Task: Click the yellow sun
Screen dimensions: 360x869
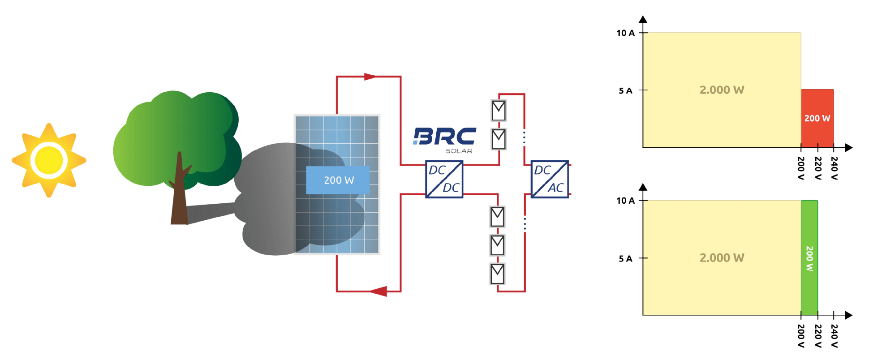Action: click(49, 160)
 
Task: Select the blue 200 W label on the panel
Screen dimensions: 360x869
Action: click(338, 180)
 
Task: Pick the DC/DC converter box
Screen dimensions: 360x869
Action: click(444, 179)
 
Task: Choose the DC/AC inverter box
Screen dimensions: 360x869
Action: click(550, 179)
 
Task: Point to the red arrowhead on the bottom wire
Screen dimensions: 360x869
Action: click(379, 291)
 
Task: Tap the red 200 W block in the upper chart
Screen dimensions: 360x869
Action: click(817, 118)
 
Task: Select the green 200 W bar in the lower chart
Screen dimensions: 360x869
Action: click(809, 258)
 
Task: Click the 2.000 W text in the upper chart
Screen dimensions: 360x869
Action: click(722, 90)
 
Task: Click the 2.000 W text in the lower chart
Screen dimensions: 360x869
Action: click(722, 258)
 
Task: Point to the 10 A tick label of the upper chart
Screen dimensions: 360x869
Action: click(625, 33)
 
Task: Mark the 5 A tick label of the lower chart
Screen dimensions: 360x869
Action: click(625, 259)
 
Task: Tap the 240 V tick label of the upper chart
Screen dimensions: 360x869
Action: click(834, 168)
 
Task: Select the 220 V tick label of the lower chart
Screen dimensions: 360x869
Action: click(817, 336)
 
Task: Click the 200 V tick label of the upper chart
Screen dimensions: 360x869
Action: click(801, 168)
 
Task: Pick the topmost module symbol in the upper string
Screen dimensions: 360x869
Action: click(499, 110)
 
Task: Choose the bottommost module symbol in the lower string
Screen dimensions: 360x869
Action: click(497, 274)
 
